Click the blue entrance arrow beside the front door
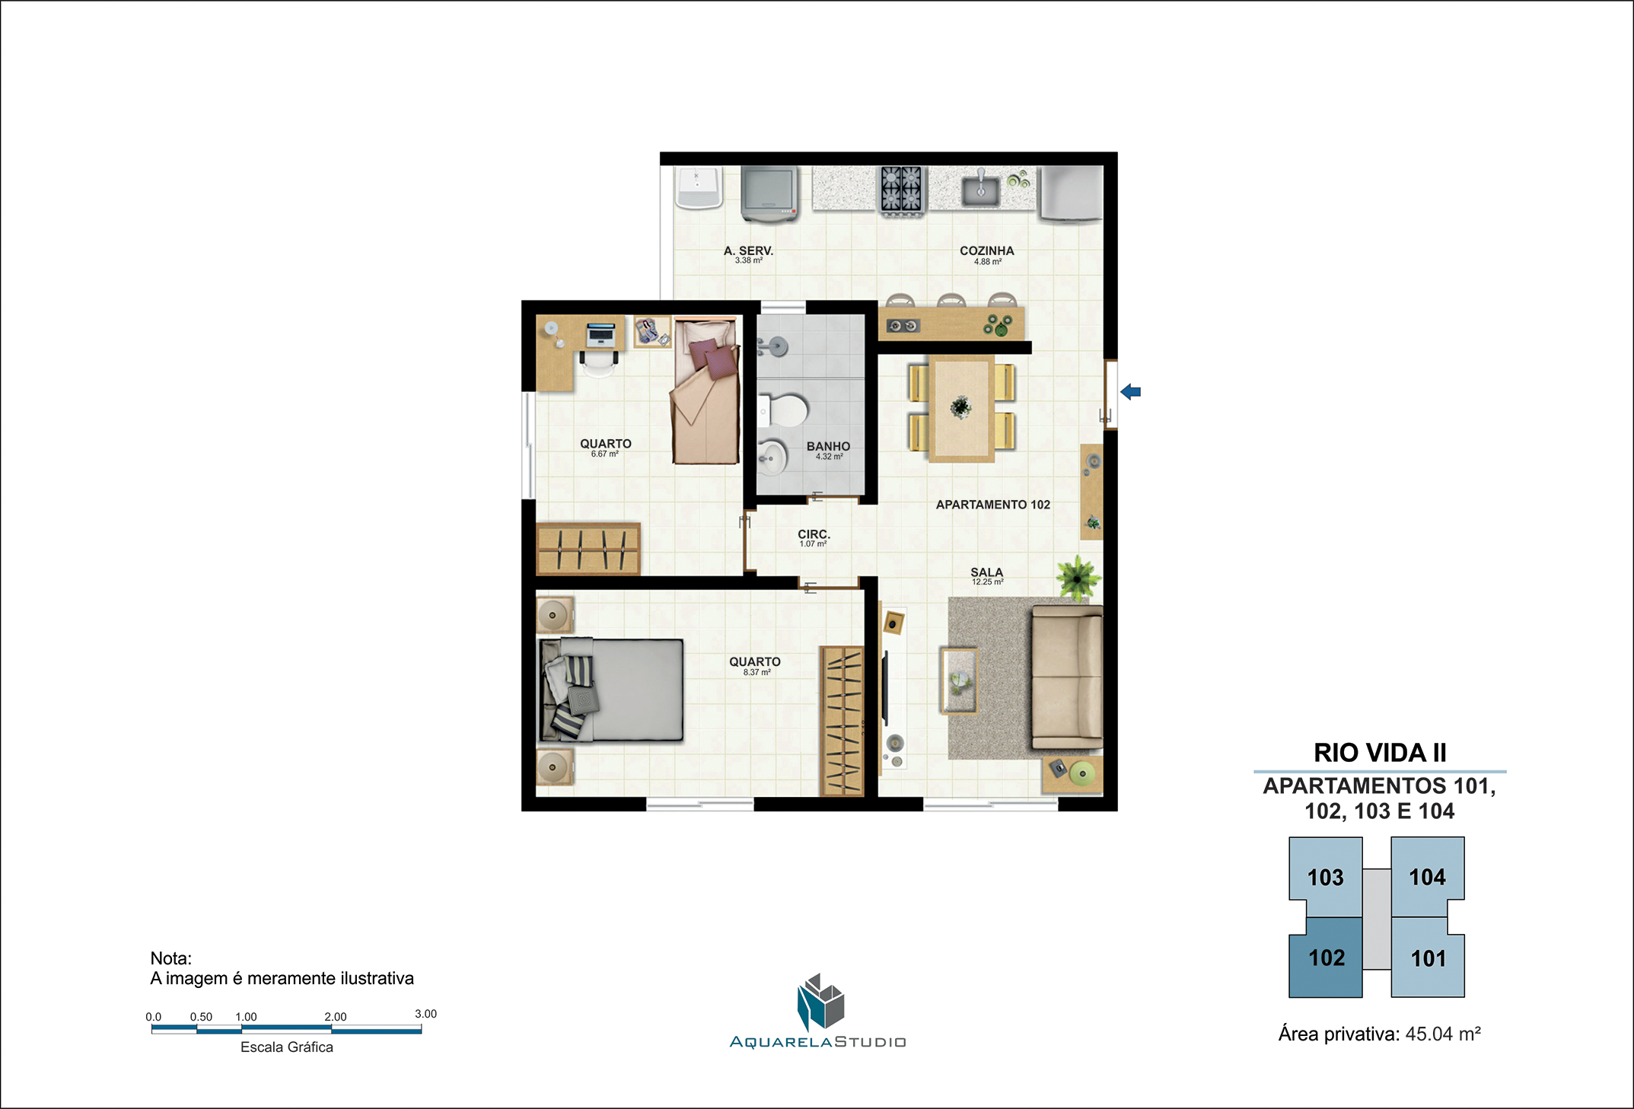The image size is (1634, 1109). [x=1130, y=392]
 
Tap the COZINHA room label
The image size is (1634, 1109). [x=986, y=250]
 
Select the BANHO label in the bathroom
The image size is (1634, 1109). [x=828, y=446]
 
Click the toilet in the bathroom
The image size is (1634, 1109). [x=783, y=411]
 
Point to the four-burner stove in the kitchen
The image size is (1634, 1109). [x=901, y=190]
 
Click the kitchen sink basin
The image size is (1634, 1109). [x=980, y=190]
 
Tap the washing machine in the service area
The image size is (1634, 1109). [x=769, y=194]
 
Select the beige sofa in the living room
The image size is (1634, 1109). [x=1067, y=677]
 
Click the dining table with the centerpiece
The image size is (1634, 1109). [x=961, y=409]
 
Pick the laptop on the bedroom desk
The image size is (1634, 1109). [x=600, y=335]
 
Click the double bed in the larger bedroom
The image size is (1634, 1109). [x=611, y=690]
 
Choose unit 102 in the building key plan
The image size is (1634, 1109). [x=1326, y=957]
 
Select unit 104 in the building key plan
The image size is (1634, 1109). [x=1427, y=877]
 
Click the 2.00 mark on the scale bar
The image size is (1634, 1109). [x=335, y=1017]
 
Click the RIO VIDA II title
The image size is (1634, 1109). [x=1380, y=753]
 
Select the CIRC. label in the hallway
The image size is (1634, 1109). [x=814, y=534]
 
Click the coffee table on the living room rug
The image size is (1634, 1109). [x=960, y=680]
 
